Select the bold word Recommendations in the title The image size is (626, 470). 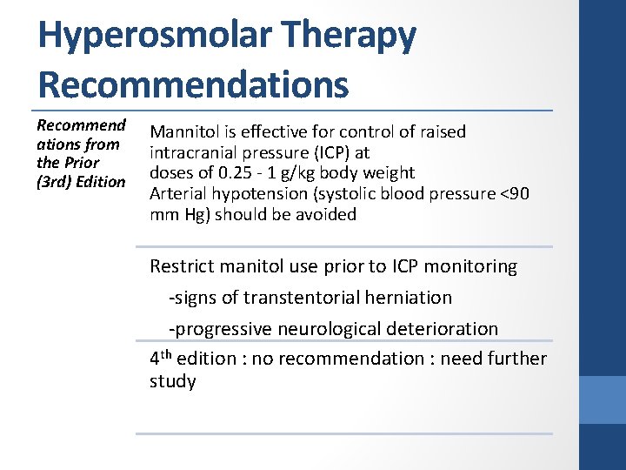click(193, 84)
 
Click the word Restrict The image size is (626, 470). click(183, 266)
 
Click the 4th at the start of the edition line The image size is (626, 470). click(160, 358)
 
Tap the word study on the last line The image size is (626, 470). click(173, 381)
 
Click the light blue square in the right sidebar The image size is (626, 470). click(603, 399)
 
